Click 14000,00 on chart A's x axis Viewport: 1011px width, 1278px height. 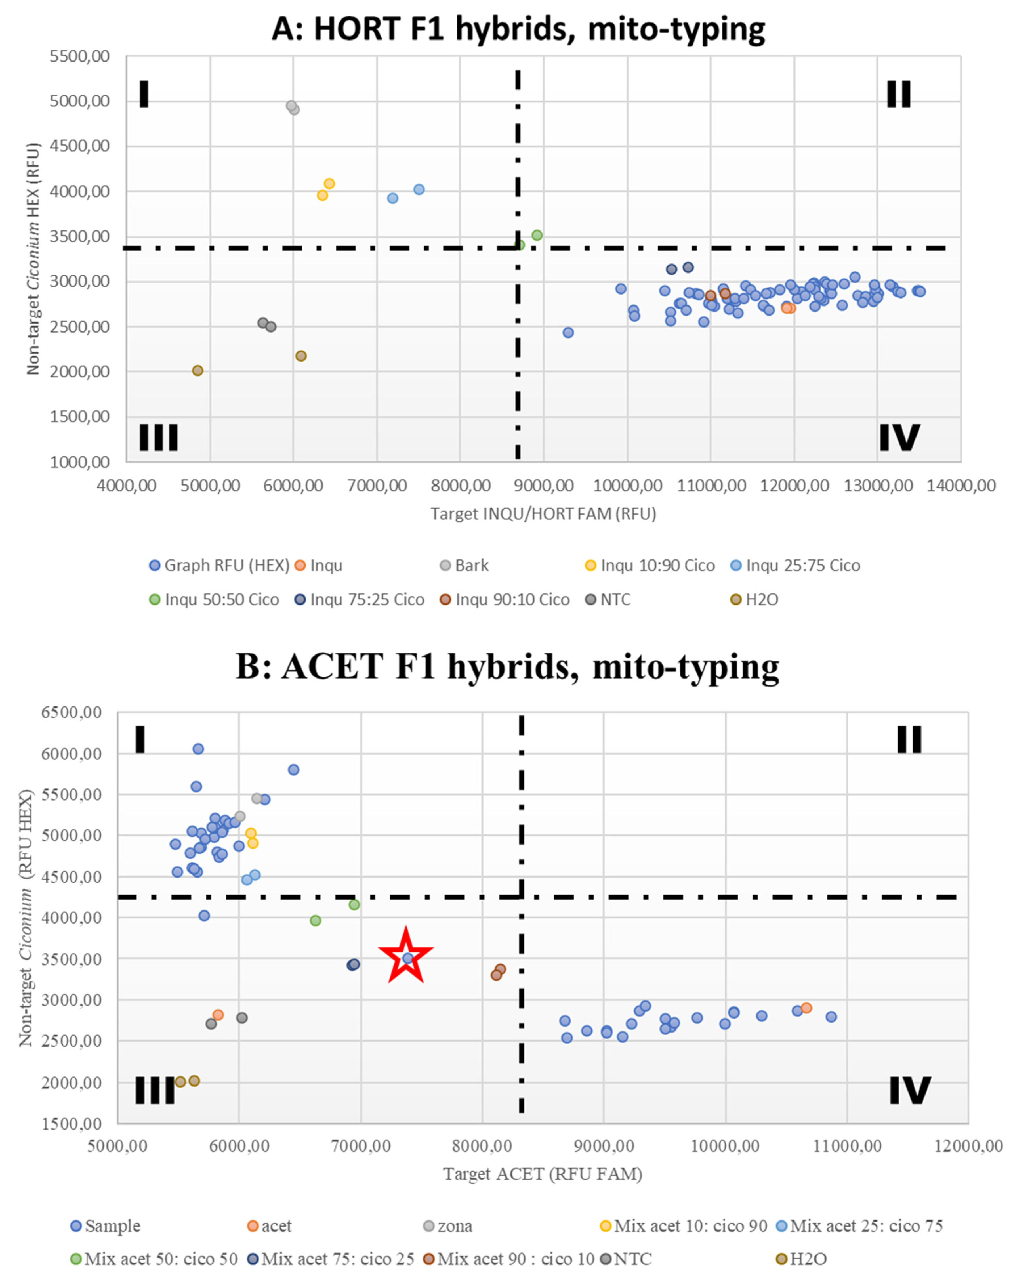[961, 486]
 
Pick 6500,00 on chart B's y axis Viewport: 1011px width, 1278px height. [72, 712]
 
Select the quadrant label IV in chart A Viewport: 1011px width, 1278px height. [899, 438]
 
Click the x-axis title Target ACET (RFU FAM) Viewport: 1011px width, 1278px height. [543, 1174]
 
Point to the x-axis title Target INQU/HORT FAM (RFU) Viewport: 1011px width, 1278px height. [543, 514]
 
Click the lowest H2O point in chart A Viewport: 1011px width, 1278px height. [198, 371]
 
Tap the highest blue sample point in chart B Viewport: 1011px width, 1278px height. [198, 749]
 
